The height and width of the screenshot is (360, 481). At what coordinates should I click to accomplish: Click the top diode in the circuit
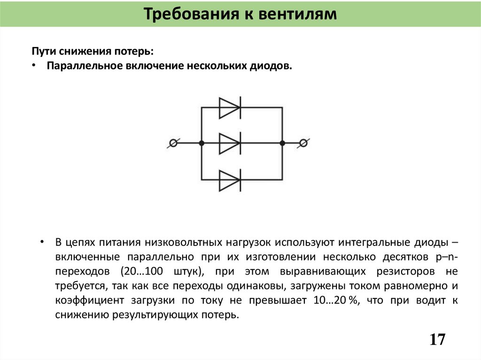230,107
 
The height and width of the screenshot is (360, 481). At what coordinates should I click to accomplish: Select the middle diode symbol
230,143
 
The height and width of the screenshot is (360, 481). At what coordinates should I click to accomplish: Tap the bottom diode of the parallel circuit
230,180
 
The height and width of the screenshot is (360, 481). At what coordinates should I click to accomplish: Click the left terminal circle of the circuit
173,143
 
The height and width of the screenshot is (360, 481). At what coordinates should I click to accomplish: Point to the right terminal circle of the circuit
303,143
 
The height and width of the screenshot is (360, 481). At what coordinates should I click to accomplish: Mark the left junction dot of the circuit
202,143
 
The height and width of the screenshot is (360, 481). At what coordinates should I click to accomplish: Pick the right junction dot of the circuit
282,143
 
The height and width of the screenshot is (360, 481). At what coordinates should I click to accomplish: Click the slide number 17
437,339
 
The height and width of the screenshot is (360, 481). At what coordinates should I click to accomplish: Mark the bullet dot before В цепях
42,242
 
